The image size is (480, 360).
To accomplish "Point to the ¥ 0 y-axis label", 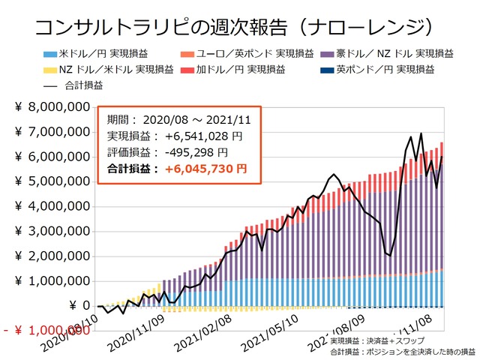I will click(x=79, y=306).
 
